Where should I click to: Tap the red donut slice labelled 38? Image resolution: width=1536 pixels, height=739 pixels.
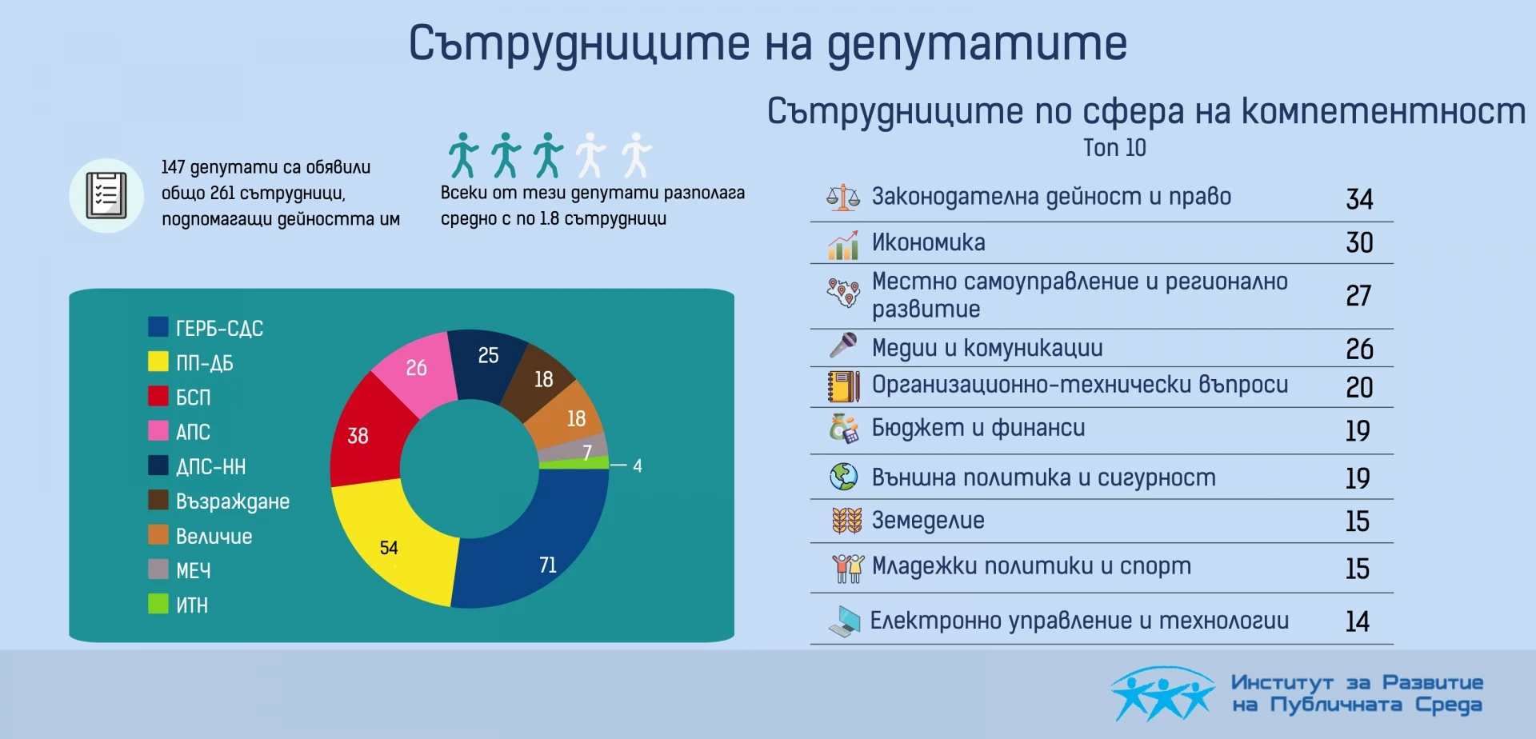point(364,436)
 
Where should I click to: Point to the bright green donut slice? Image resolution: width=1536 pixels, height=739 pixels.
point(574,463)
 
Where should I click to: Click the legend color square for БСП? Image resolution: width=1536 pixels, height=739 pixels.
point(158,396)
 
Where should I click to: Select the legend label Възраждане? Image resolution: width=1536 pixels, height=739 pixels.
point(233,501)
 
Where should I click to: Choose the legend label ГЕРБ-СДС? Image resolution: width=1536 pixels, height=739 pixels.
point(219,328)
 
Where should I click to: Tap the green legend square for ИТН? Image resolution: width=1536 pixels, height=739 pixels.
point(158,604)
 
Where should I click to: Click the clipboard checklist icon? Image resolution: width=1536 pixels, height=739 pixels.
point(106,194)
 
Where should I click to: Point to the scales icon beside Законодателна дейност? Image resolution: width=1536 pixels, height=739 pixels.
point(842,197)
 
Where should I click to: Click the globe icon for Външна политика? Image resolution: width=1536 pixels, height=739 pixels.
point(843,477)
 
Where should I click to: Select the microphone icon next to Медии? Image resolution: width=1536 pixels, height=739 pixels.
point(843,346)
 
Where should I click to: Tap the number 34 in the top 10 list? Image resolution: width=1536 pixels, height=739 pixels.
point(1359,199)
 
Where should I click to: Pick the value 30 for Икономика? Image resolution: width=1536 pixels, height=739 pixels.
point(1359,242)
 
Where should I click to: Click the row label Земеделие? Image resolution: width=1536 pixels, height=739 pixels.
point(928,521)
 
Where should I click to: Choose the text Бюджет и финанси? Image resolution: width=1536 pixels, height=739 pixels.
point(978,428)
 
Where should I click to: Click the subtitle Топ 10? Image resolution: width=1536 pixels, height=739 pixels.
point(1114,148)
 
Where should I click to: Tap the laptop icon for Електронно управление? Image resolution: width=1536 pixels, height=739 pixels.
point(844,621)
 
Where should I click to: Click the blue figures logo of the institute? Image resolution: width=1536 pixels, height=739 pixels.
point(1162,693)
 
